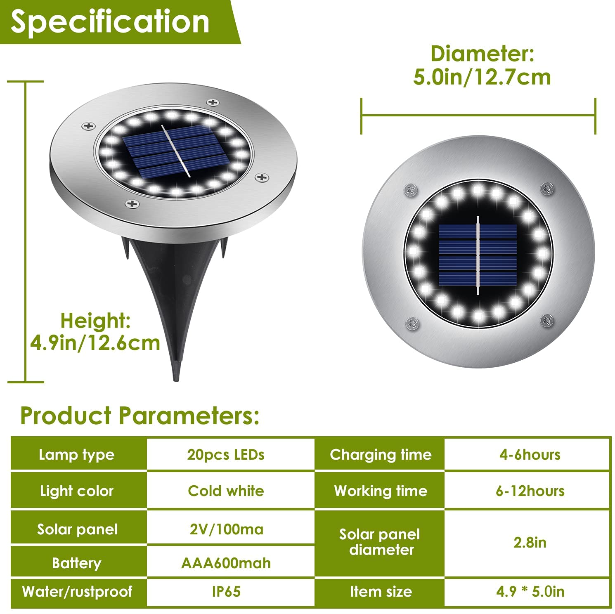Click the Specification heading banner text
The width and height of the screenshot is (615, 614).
click(110, 22)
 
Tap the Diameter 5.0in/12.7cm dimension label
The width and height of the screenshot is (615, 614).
click(482, 65)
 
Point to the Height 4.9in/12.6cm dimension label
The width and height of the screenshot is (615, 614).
click(95, 331)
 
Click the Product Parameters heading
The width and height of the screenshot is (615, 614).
click(140, 415)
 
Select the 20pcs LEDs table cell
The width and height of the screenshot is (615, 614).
click(226, 454)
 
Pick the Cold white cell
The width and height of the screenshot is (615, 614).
click(226, 491)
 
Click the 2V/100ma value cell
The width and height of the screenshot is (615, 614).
click(226, 529)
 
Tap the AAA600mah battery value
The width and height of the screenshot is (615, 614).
click(226, 563)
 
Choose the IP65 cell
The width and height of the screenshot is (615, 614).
click(226, 591)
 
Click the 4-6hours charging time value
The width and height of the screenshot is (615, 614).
click(530, 454)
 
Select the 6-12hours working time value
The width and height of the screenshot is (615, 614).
click(530, 491)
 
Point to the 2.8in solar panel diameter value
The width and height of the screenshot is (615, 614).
click(530, 542)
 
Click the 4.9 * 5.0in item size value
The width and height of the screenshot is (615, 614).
click(530, 591)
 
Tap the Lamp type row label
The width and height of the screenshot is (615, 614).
click(76, 455)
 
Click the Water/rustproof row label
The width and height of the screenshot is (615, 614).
click(77, 591)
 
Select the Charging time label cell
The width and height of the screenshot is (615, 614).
click(381, 455)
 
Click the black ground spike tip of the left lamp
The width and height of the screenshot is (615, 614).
click(177, 379)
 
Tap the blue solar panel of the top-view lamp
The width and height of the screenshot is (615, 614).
click(478, 255)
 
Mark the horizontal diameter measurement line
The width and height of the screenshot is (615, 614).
click(478, 116)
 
